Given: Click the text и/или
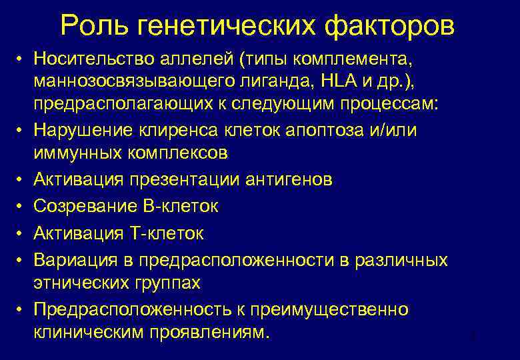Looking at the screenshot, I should [397, 129].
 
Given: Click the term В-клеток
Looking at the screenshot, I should [179, 207].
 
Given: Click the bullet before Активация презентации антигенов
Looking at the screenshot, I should [22, 181].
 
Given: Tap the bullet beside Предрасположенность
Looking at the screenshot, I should [22, 310].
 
